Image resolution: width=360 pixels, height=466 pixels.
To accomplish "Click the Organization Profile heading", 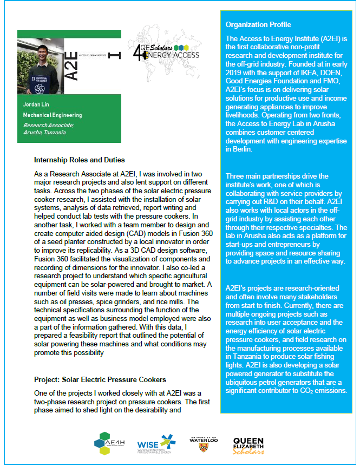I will (x=258, y=25).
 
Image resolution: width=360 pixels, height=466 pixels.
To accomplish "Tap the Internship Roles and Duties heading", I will (x=79, y=160).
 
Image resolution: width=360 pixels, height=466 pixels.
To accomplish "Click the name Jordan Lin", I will (x=36, y=104).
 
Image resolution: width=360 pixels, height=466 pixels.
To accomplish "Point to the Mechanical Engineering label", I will (x=52, y=115).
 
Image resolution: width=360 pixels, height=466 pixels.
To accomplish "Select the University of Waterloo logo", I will (x=204, y=443).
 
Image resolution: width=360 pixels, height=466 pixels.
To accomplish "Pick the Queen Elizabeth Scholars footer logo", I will (x=248, y=443).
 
